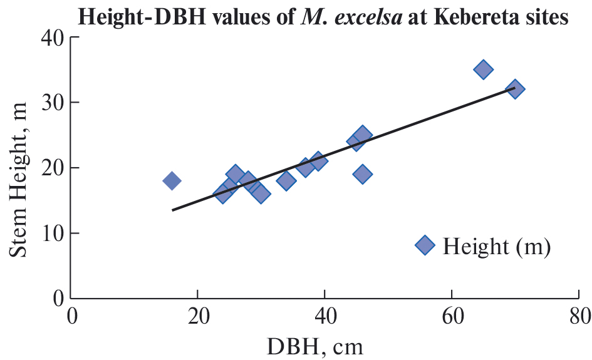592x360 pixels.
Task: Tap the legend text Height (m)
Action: click(496, 247)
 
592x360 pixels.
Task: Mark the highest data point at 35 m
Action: click(483, 69)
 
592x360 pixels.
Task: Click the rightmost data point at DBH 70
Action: click(515, 89)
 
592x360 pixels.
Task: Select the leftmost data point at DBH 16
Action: click(172, 181)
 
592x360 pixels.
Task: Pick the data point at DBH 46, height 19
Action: click(362, 174)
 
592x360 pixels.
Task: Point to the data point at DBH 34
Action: click(286, 181)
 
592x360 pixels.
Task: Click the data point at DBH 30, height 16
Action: click(261, 193)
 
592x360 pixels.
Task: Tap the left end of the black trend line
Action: click(172, 210)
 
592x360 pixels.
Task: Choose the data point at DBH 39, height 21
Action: click(318, 161)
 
